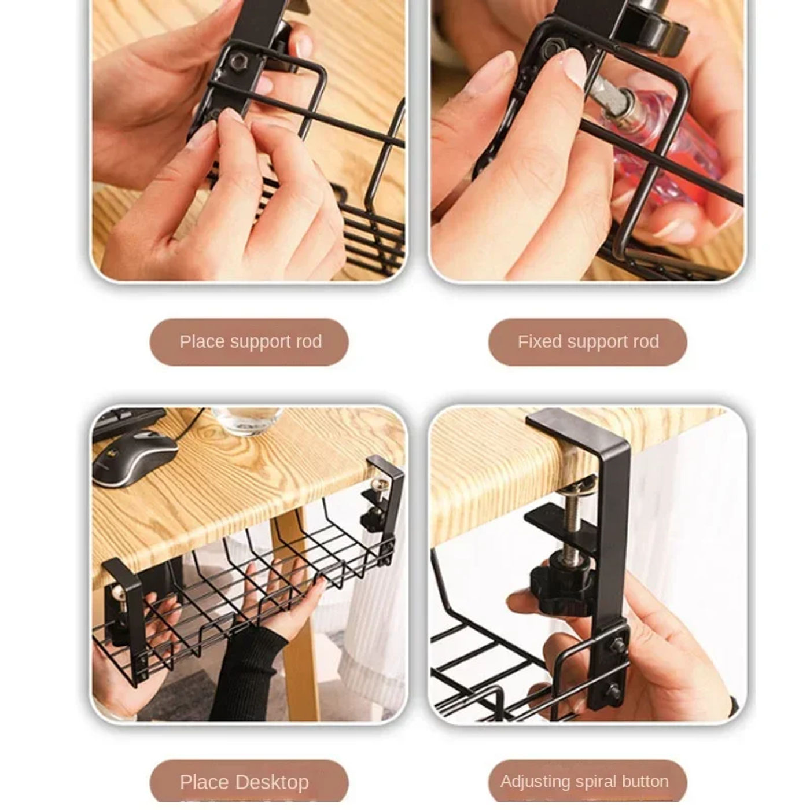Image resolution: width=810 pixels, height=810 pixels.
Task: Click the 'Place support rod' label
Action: pos(249,342)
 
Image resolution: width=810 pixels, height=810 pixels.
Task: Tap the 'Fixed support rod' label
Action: pos(587,342)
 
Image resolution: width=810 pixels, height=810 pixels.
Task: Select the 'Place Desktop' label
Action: pos(244,782)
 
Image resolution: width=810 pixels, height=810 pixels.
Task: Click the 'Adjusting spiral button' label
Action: pos(584,782)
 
